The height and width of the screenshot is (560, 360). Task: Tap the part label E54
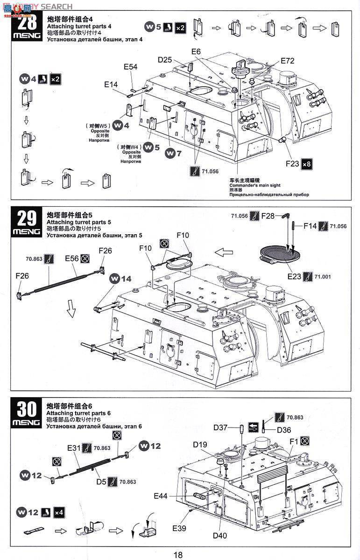click(x=130, y=67)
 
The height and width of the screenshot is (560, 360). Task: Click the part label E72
click(x=288, y=61)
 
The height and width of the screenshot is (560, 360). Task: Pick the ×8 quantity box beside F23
click(x=307, y=164)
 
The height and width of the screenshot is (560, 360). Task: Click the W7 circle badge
click(x=174, y=153)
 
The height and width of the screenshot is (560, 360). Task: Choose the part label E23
click(x=294, y=276)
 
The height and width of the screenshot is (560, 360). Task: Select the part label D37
click(x=220, y=427)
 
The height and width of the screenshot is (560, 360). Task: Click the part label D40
click(x=219, y=535)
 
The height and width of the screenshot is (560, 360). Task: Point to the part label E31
click(x=74, y=448)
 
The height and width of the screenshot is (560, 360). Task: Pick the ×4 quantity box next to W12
click(x=59, y=512)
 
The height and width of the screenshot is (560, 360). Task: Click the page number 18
click(x=178, y=554)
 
